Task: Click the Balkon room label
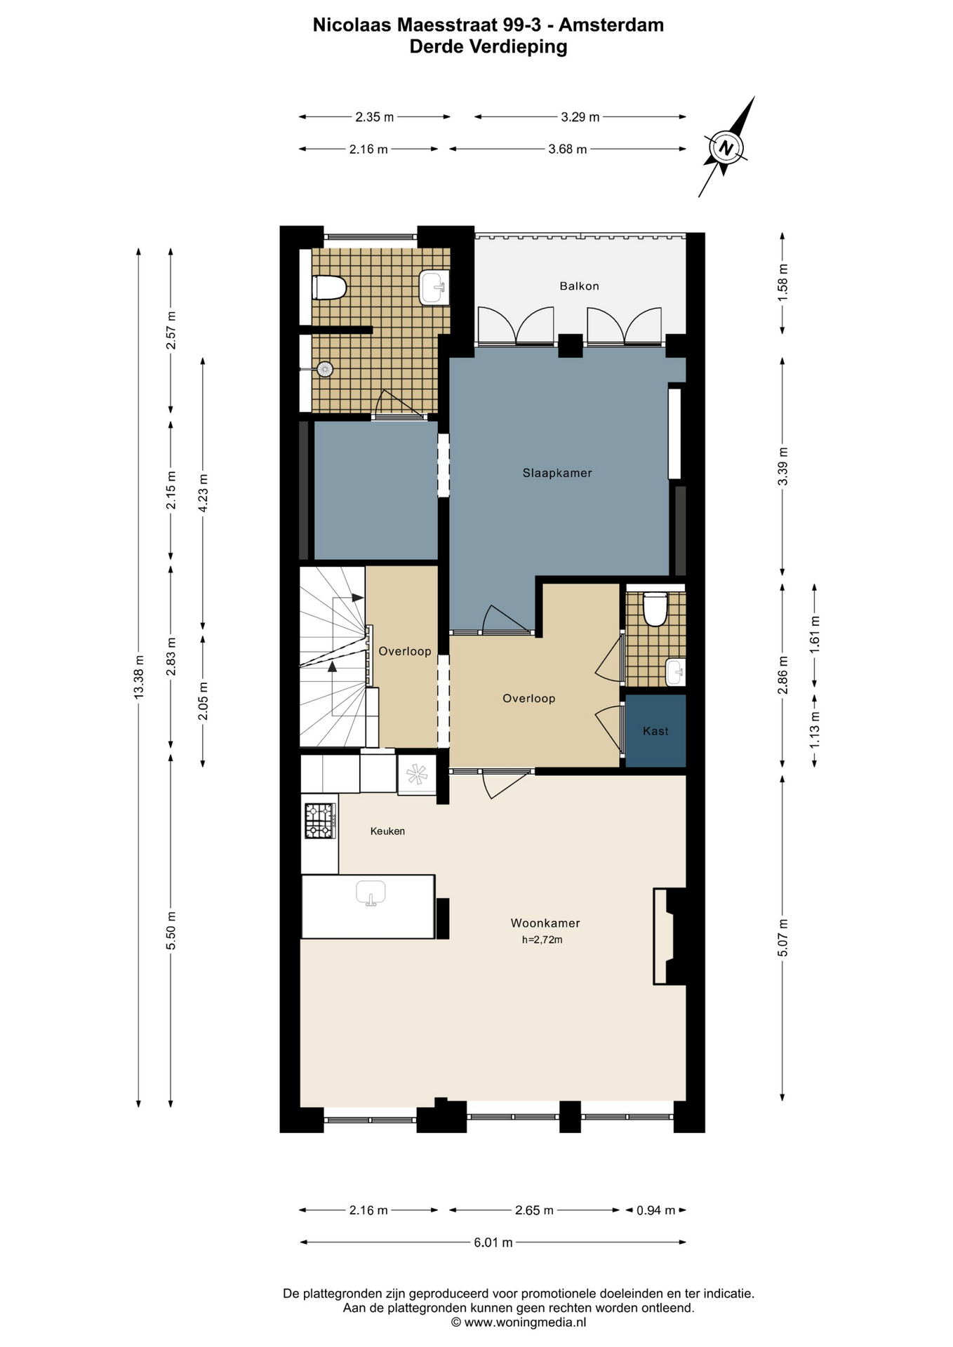click(579, 286)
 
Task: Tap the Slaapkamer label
click(557, 474)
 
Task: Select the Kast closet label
click(655, 731)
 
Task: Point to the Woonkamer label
click(545, 923)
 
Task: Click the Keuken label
click(387, 831)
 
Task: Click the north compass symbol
click(726, 147)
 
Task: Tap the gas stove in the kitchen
click(320, 821)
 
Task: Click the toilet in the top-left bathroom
click(330, 288)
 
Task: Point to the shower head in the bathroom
click(324, 369)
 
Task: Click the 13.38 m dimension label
click(139, 676)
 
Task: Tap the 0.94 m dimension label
click(655, 1210)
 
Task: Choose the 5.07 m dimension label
click(783, 938)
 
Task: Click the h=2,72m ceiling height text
click(542, 940)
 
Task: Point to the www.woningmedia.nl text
click(525, 1322)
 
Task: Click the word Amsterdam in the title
click(611, 25)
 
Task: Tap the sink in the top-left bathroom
click(434, 288)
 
